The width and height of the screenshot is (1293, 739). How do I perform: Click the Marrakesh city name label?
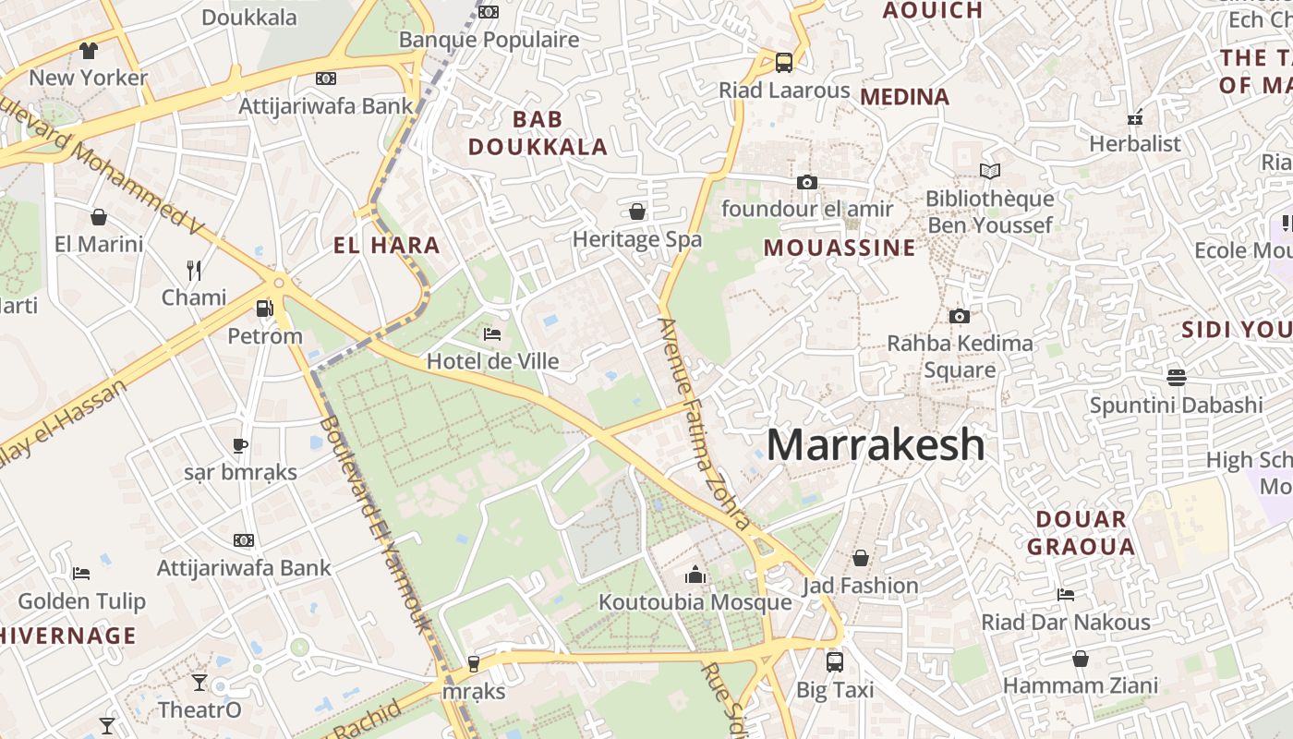pyautogui.click(x=876, y=445)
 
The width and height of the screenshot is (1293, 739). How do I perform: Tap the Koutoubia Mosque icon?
pyautogui.click(x=695, y=575)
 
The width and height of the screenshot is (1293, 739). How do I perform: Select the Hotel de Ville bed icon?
pyautogui.click(x=492, y=333)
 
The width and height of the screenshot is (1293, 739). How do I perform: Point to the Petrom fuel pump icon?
pyautogui.click(x=265, y=309)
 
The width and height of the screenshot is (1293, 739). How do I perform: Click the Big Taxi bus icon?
pyautogui.click(x=835, y=661)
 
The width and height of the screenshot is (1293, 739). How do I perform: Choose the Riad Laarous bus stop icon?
pyautogui.click(x=784, y=63)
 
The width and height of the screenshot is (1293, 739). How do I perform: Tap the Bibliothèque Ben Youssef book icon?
pyautogui.click(x=990, y=171)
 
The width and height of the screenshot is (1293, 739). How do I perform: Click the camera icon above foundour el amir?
pyautogui.click(x=807, y=182)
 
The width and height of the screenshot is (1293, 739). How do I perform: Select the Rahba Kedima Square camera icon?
pyautogui.click(x=960, y=316)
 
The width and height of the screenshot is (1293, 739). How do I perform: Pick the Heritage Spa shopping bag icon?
pyautogui.click(x=637, y=212)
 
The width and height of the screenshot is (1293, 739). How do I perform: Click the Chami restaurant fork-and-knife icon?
pyautogui.click(x=194, y=270)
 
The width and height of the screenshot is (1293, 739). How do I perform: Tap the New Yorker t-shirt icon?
pyautogui.click(x=88, y=50)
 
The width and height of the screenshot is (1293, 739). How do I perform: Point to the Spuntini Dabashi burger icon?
pyautogui.click(x=1176, y=377)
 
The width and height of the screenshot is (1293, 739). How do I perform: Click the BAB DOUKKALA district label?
pyautogui.click(x=538, y=133)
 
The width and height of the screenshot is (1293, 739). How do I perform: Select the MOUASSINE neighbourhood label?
pyautogui.click(x=840, y=248)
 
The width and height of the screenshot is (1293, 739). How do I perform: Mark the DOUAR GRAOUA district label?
pyautogui.click(x=1081, y=532)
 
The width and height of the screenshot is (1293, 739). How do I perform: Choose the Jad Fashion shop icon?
pyautogui.click(x=860, y=558)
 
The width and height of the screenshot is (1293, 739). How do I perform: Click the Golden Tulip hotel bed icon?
pyautogui.click(x=81, y=574)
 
